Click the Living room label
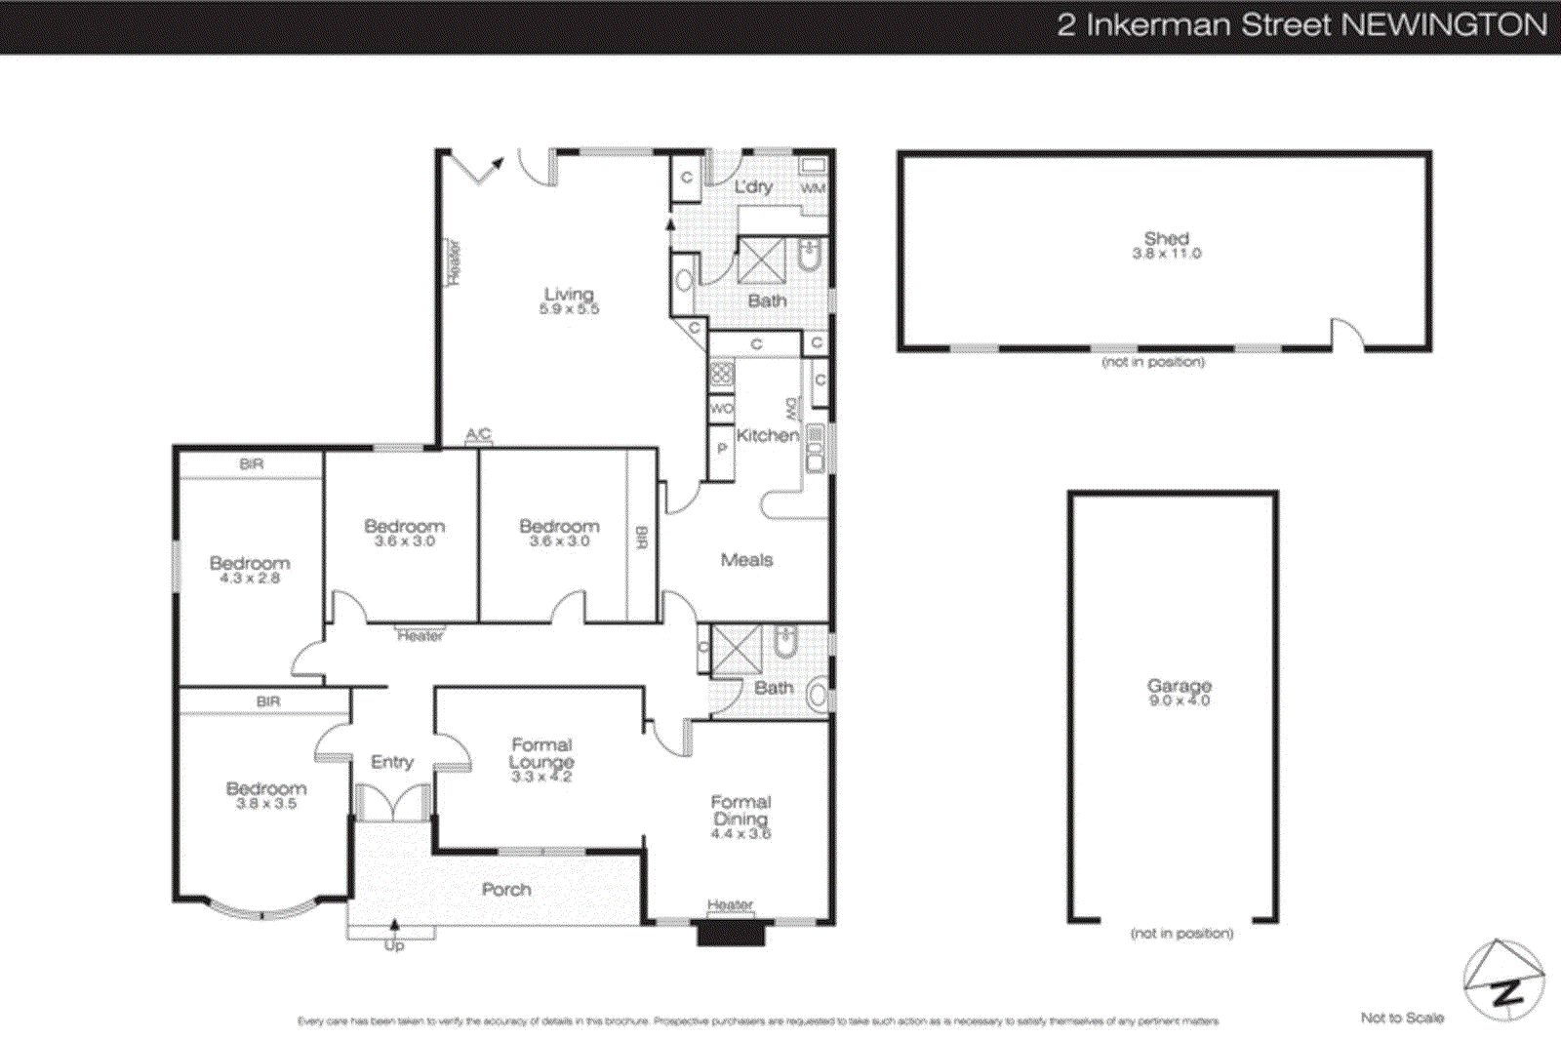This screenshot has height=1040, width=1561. pos(569,294)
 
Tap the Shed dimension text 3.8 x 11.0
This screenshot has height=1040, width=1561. pos(1166,254)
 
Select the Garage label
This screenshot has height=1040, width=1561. pos(1179,685)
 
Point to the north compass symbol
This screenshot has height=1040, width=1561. pos(1503,980)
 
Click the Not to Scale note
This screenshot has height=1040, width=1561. pos(1402,1018)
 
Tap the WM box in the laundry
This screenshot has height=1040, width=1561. pos(813,187)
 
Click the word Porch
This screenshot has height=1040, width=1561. pos(506,889)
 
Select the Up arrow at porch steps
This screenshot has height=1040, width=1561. pos(394,927)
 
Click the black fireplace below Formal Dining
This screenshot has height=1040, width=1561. pos(730,934)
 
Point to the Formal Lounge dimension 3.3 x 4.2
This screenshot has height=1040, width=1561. pos(541,777)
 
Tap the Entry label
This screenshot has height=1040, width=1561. pos(391,762)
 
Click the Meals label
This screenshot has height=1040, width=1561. pos(746,559)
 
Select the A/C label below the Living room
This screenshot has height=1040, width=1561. pos(478,434)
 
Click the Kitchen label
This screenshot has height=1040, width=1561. pos(767,435)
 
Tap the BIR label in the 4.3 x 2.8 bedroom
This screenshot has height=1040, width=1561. pos(252,464)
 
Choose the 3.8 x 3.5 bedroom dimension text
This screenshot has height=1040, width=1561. pos(265,804)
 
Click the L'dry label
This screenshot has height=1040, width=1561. pos(753,186)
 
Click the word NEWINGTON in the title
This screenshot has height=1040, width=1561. pos(1445,24)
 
